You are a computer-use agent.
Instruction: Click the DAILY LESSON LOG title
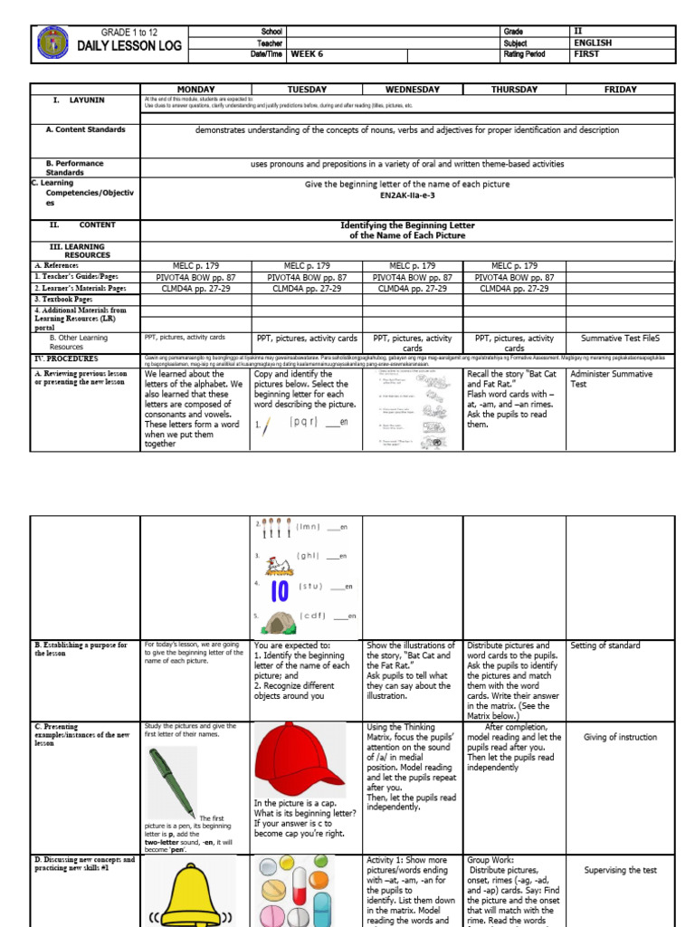129,46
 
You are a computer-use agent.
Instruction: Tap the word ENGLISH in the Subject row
593,43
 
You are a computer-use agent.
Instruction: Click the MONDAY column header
195,90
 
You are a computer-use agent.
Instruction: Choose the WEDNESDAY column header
412,90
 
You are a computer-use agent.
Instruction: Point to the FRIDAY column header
620,90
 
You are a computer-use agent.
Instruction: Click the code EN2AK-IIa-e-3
407,196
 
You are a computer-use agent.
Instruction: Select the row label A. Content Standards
86,130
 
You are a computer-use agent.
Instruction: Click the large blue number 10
279,589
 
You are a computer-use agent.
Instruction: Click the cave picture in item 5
278,619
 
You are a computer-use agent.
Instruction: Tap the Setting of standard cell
605,645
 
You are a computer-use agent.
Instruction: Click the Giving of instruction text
620,738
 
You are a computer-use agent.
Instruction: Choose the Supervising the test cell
620,871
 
